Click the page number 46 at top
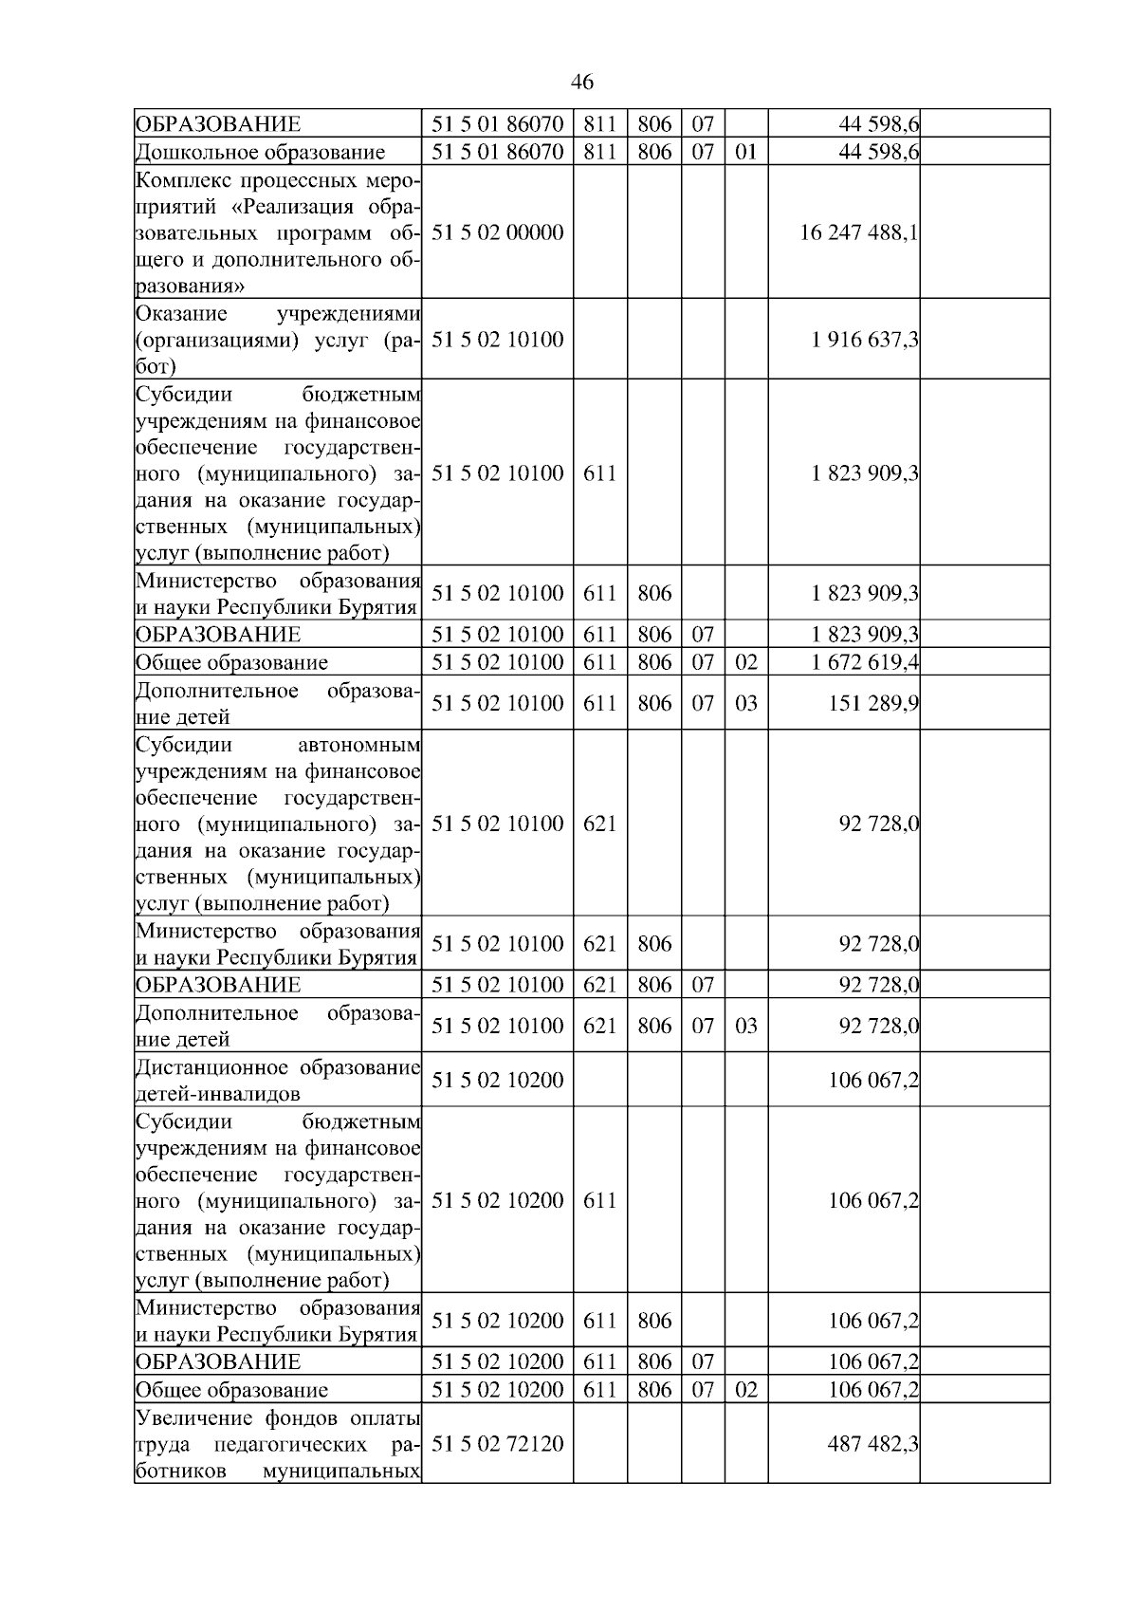click(x=582, y=83)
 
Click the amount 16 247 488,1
click(x=858, y=232)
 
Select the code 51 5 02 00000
click(x=497, y=232)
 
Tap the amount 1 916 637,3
click(x=864, y=340)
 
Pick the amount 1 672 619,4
click(x=864, y=662)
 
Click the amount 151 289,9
click(x=873, y=703)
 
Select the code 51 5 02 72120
click(x=497, y=1444)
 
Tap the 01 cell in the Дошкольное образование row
click(x=746, y=152)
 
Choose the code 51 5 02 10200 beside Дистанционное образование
click(x=497, y=1080)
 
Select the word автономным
click(x=365, y=745)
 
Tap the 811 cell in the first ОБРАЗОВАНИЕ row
click(x=599, y=124)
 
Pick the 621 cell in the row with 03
click(x=599, y=1026)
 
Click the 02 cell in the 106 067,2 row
click(x=746, y=1390)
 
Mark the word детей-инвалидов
click(x=218, y=1094)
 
